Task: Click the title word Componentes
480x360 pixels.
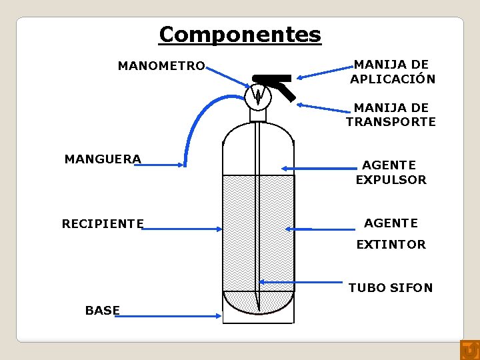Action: click(240, 34)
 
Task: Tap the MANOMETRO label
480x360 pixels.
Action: click(161, 66)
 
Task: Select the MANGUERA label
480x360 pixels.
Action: click(103, 159)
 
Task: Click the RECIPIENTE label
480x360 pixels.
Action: click(103, 223)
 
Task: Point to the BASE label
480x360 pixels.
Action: click(103, 310)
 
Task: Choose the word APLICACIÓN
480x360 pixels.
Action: click(393, 79)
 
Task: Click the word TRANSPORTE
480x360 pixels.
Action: click(391, 122)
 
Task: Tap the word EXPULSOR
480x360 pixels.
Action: click(391, 180)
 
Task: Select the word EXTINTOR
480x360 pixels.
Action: click(391, 245)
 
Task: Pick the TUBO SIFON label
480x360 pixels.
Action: click(391, 288)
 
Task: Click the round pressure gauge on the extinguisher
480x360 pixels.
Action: click(258, 97)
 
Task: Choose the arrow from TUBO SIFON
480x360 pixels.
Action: click(301, 282)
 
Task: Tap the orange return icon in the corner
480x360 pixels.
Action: click(469, 349)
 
